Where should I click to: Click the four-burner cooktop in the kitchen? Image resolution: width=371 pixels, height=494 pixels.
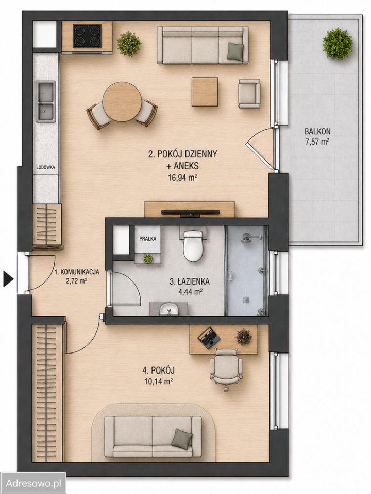tap(88, 36)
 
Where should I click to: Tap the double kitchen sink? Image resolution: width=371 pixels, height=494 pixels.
tap(45, 101)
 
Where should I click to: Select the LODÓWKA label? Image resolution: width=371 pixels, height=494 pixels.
tap(45, 167)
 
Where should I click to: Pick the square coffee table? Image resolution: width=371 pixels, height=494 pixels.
tap(205, 92)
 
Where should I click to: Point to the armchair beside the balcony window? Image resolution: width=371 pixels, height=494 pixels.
tap(249, 94)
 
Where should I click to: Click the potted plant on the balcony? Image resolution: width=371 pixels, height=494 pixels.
tap(337, 43)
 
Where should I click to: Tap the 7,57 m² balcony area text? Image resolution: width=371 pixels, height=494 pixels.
tap(317, 142)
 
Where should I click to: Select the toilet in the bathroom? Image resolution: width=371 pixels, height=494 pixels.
tap(193, 246)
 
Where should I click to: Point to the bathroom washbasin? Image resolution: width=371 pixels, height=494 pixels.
tap(169, 309)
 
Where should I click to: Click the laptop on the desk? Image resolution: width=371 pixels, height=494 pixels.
tap(209, 338)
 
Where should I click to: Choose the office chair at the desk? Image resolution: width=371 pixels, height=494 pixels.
tap(227, 369)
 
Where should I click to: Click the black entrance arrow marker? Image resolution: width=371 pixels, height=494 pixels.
tap(9, 279)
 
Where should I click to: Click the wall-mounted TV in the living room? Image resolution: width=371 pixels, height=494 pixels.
tap(190, 213)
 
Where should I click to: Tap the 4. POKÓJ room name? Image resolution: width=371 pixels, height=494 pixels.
tap(159, 370)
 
